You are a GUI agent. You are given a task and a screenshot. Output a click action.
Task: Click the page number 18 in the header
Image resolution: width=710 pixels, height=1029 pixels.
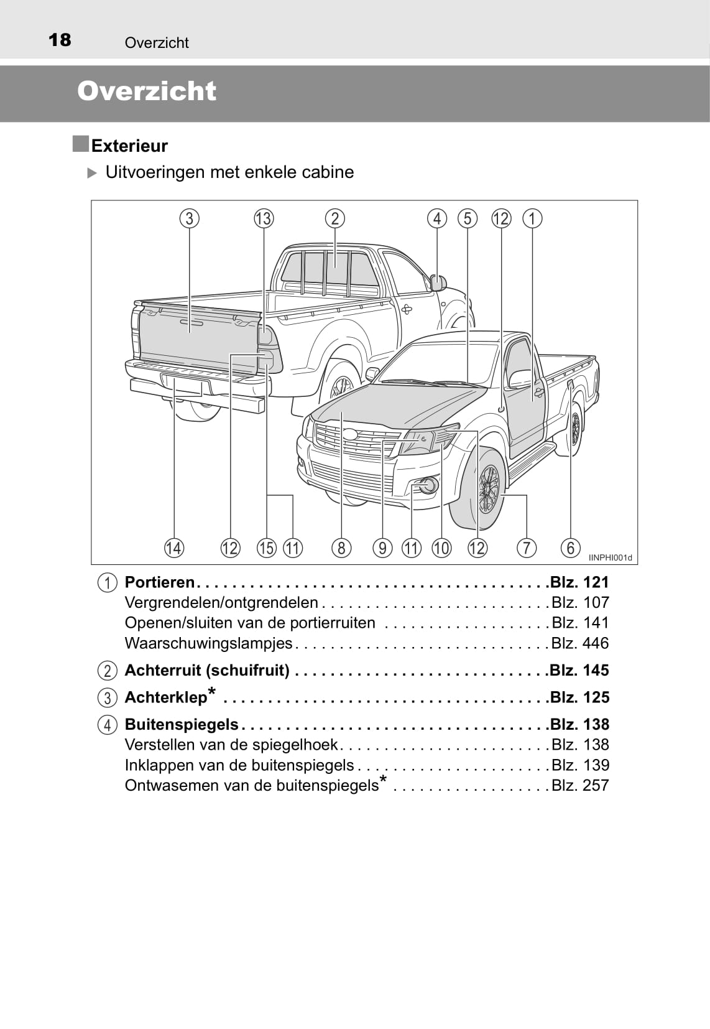pyautogui.click(x=60, y=40)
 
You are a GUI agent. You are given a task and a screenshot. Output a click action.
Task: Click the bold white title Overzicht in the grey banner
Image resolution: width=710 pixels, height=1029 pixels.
pyautogui.click(x=147, y=91)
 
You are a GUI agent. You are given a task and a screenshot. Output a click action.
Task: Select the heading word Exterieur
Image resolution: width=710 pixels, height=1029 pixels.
pyautogui.click(x=129, y=146)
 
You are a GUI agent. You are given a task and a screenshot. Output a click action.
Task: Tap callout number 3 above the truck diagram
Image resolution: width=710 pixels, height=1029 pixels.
pyautogui.click(x=189, y=218)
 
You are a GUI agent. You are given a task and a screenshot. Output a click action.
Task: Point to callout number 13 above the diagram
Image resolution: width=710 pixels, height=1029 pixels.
pyautogui.click(x=264, y=218)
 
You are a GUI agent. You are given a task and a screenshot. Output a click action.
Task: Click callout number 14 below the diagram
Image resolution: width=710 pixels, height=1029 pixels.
pyautogui.click(x=174, y=547)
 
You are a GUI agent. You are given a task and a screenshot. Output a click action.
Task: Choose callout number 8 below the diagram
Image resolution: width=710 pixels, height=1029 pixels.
pyautogui.click(x=341, y=547)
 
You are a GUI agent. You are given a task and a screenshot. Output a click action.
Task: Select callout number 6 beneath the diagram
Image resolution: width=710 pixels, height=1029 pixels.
pyautogui.click(x=570, y=547)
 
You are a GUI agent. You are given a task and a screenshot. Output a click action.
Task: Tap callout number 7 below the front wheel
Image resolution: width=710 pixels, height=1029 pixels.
pyautogui.click(x=526, y=547)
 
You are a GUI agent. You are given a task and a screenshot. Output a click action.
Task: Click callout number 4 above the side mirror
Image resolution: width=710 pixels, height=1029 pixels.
pyautogui.click(x=437, y=218)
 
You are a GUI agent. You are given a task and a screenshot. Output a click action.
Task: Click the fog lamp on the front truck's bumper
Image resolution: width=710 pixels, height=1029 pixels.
pyautogui.click(x=428, y=485)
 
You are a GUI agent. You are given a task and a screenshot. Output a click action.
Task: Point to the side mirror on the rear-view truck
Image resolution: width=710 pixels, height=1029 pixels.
pyautogui.click(x=438, y=282)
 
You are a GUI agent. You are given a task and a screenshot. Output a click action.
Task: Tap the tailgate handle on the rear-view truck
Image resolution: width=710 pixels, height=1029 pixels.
pyautogui.click(x=191, y=324)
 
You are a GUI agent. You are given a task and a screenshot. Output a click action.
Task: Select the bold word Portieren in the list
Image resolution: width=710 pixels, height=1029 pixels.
pyautogui.click(x=160, y=582)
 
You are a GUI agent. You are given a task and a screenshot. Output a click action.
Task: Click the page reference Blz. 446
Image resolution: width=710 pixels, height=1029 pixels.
pyautogui.click(x=580, y=643)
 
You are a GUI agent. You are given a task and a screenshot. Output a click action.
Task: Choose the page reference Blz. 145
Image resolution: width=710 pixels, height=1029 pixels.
pyautogui.click(x=579, y=671)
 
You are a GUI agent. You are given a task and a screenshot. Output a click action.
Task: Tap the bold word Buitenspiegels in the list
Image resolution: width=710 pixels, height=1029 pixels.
pyautogui.click(x=182, y=725)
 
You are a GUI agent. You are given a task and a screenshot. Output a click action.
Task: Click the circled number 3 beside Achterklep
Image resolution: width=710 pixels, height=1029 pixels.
pyautogui.click(x=108, y=698)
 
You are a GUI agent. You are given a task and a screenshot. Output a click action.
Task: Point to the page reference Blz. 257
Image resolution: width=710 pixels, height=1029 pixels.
pyautogui.click(x=580, y=786)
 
